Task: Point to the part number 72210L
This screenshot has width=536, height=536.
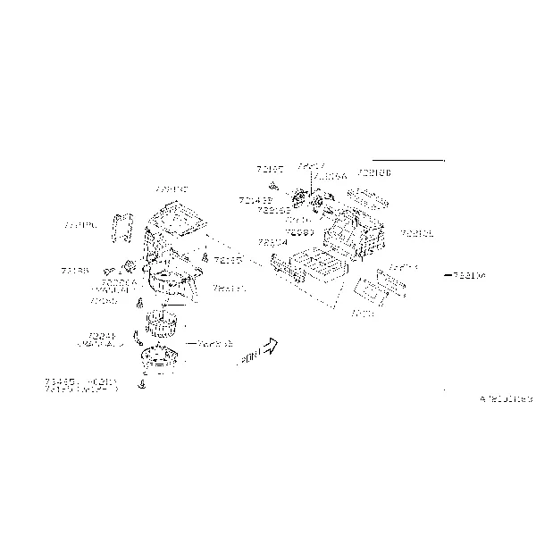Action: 417,233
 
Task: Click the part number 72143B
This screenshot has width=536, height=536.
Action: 255,201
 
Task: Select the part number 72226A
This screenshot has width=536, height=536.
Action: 119,282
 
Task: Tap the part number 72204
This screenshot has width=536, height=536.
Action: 272,242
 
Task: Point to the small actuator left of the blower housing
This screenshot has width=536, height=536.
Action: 128,265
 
